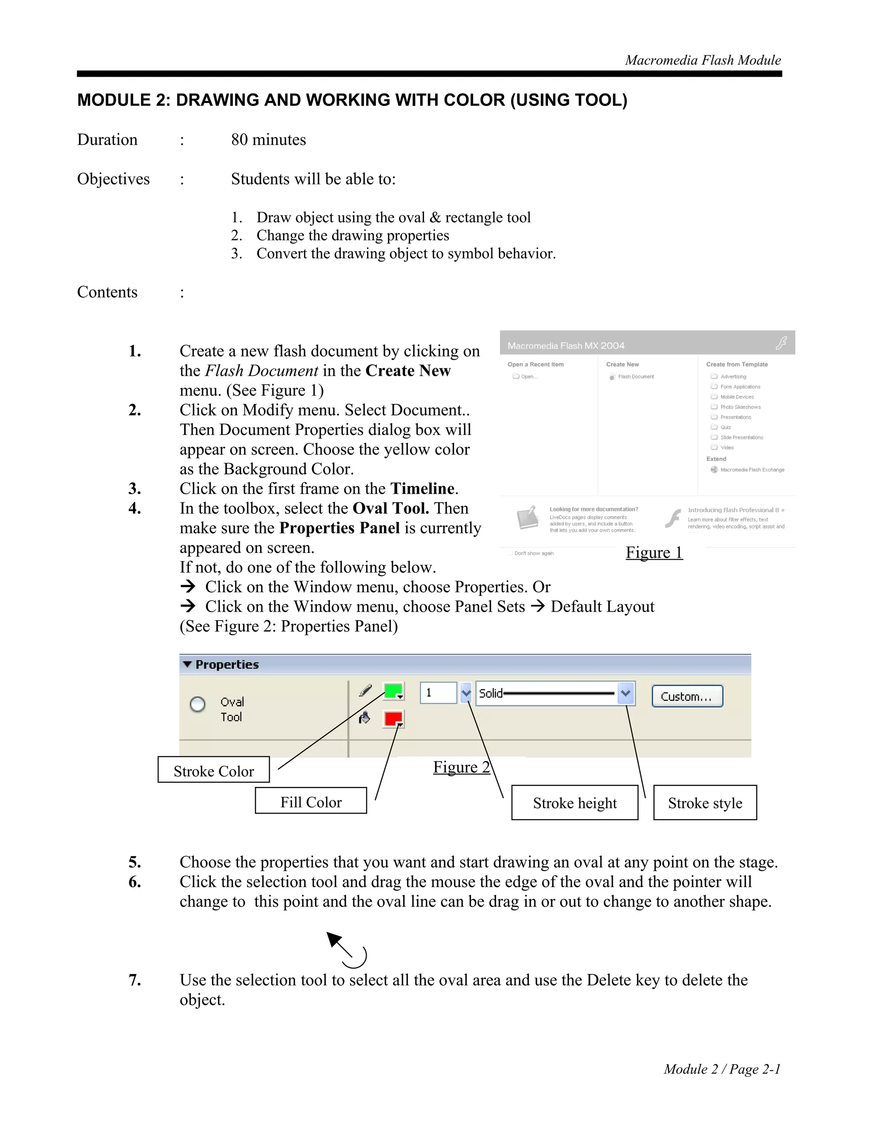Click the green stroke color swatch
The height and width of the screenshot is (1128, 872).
coord(393,690)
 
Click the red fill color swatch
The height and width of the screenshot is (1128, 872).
coord(393,719)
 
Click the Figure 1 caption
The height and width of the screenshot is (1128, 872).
coord(654,553)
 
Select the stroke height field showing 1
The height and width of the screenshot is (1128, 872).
coord(438,693)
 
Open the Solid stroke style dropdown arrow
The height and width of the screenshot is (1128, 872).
coord(625,693)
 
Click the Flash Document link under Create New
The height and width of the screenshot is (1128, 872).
coord(635,377)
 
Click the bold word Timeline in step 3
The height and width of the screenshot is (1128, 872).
coord(422,489)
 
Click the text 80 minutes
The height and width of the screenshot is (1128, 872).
coord(268,140)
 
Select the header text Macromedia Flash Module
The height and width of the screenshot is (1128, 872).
coord(703,60)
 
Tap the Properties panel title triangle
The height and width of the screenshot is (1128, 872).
coord(187,664)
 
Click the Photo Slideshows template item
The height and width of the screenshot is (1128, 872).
coord(740,407)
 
